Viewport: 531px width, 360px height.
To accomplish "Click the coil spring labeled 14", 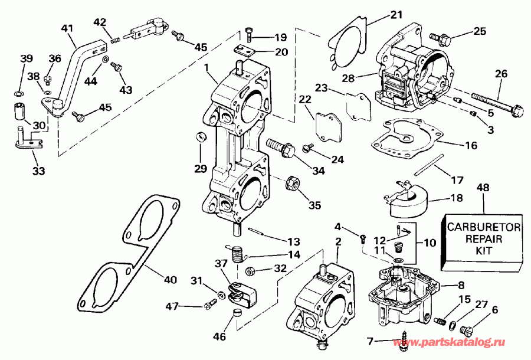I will point(238,254).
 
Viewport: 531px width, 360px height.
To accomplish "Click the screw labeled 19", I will point(250,34).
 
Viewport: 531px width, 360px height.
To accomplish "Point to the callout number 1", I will point(207,68).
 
